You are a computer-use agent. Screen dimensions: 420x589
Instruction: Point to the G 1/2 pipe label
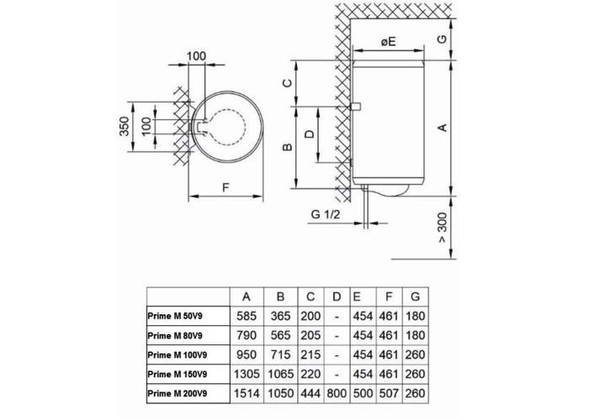tap(325, 215)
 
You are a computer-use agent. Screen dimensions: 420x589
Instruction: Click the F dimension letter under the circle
tap(226, 188)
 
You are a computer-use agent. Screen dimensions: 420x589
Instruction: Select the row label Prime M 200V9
tap(178, 392)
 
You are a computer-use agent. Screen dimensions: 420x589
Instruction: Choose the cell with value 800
tap(337, 392)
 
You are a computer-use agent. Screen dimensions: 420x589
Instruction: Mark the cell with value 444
tap(310, 392)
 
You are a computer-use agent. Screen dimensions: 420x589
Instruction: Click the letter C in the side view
tap(286, 82)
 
